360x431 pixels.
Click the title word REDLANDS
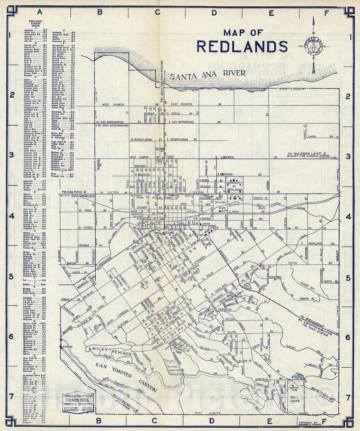(242, 46)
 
